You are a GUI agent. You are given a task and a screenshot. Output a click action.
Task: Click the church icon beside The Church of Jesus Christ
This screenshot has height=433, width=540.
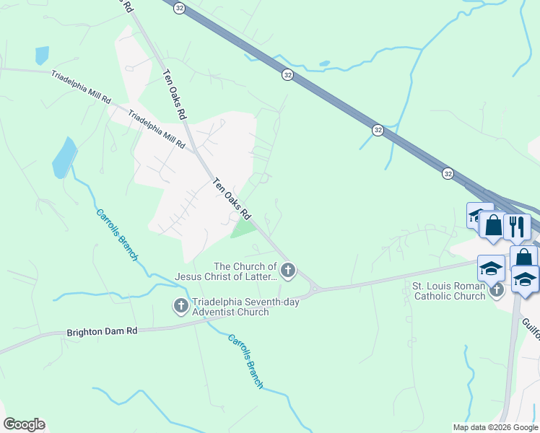[x=288, y=271]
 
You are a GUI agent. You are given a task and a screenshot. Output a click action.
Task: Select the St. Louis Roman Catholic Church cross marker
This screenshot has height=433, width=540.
[x=496, y=290]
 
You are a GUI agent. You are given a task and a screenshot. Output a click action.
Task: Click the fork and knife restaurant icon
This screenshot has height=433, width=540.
[x=517, y=227]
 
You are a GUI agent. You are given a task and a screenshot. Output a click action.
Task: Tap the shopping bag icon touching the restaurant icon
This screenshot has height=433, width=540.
[x=494, y=225]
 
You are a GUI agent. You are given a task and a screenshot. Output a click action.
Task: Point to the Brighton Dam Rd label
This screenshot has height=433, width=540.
[x=101, y=332]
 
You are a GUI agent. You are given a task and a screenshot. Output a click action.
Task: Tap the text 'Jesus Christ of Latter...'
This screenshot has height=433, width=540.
[x=225, y=276]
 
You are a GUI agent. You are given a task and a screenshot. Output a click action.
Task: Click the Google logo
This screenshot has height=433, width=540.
[x=24, y=424]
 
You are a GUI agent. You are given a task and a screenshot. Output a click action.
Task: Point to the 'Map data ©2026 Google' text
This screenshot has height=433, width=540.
[x=495, y=427]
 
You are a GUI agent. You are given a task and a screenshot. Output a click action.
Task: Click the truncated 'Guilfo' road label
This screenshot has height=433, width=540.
[x=529, y=305]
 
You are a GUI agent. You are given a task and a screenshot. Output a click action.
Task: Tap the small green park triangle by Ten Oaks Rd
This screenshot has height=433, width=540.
[x=244, y=229]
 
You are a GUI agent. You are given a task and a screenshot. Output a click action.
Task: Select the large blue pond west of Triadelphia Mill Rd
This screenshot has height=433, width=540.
[x=64, y=157]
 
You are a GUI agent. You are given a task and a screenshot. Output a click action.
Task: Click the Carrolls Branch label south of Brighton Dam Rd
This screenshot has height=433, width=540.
[x=245, y=361]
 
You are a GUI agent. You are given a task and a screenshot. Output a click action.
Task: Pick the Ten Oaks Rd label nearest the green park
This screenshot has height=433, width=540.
[x=231, y=199]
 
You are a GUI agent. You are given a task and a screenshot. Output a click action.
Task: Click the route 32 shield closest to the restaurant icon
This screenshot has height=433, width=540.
[x=448, y=173]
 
